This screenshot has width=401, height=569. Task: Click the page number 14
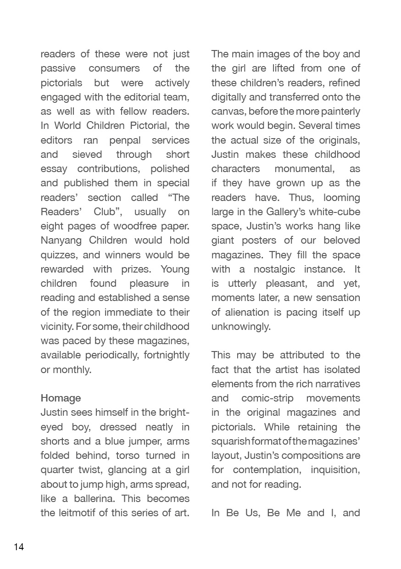click(x=19, y=547)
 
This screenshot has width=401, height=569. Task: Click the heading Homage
click(x=61, y=398)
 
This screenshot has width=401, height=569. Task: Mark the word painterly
click(x=338, y=111)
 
